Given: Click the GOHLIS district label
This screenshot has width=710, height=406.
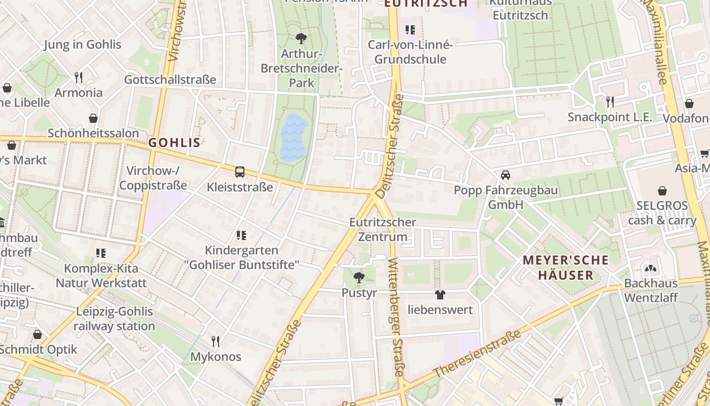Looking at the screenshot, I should [174, 143].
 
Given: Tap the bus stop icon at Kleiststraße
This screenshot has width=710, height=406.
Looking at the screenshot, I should [240, 172].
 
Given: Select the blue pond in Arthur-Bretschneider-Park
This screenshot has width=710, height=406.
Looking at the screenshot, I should [294, 138].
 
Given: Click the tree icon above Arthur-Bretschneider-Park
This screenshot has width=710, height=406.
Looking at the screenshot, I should [301, 38].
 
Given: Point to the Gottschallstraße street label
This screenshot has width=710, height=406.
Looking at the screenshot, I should [170, 80].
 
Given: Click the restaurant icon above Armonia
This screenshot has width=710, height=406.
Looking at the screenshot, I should [79, 78].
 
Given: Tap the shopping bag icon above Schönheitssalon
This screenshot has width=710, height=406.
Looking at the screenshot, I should [93, 119].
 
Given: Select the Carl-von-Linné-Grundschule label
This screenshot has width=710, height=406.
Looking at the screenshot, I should [410, 52].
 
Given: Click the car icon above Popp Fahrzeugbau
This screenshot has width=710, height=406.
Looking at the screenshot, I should [505, 175].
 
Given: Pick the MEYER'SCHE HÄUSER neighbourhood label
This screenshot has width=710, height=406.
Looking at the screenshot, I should [565, 267].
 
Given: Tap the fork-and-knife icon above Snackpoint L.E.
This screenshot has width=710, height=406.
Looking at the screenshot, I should [610, 102].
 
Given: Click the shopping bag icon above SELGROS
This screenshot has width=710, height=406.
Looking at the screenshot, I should [662, 191].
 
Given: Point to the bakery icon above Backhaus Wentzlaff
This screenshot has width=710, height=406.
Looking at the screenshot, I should [651, 268].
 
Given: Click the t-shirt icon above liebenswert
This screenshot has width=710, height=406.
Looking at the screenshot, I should [440, 294].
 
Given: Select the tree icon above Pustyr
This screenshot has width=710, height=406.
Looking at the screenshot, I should [359, 278].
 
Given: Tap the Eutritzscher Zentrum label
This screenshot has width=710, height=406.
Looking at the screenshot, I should [383, 229].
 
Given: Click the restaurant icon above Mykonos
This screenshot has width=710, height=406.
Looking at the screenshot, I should [216, 341].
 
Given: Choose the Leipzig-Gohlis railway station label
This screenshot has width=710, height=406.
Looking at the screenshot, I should [114, 319].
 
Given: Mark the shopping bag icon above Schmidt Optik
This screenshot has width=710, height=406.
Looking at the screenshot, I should [38, 334].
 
